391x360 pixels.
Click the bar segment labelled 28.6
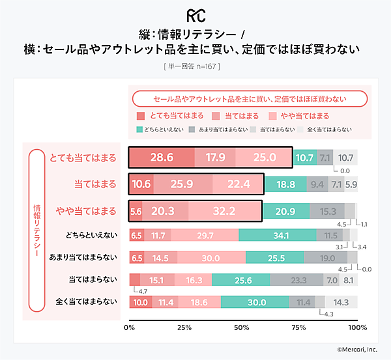click(161, 158)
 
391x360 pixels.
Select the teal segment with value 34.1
click(277, 235)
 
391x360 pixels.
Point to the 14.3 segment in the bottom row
click(341, 302)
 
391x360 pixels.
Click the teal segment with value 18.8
click(285, 184)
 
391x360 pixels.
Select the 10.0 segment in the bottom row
click(140, 302)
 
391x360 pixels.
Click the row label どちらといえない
click(91, 235)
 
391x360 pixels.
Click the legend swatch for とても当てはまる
click(141, 116)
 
